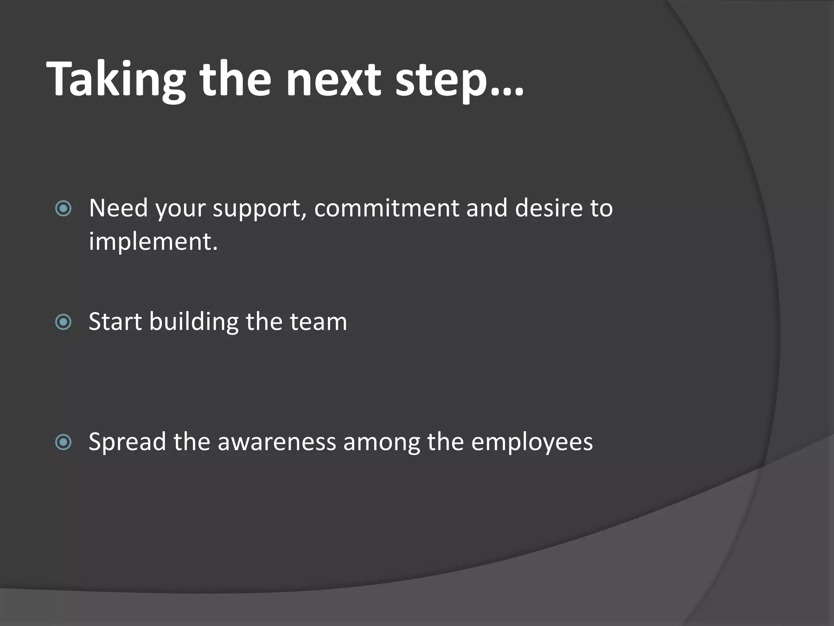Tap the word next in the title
[x=334, y=79]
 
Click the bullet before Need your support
[x=63, y=209]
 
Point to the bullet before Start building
[x=63, y=322]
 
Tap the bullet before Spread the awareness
[x=63, y=442]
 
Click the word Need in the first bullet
[x=118, y=208]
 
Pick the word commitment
[x=386, y=208]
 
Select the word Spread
[x=127, y=442]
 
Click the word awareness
[x=277, y=442]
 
